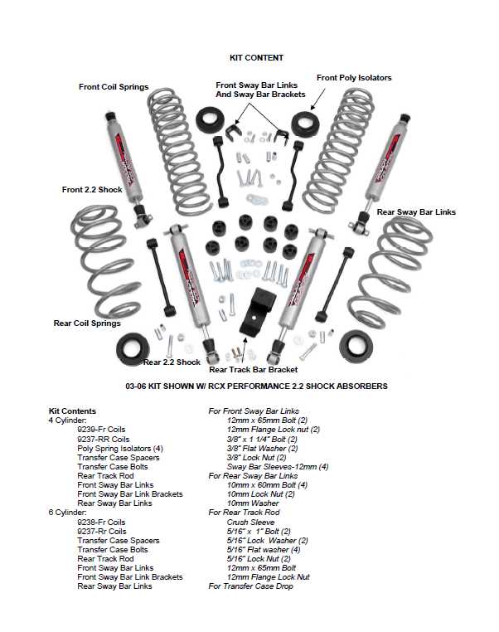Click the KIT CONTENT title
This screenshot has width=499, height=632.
[256, 58]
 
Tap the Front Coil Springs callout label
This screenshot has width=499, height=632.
[114, 86]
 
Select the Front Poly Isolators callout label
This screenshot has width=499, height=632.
[354, 78]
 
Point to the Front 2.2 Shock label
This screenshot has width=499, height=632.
[92, 190]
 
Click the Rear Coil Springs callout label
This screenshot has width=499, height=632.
[87, 323]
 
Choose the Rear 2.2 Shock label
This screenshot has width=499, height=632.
[172, 362]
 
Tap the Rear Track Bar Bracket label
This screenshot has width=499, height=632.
[253, 369]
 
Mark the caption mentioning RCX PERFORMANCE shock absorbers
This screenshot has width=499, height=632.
[256, 386]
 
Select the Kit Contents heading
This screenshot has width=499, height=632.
[73, 411]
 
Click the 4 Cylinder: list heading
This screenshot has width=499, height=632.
[68, 421]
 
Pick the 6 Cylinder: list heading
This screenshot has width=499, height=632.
[68, 513]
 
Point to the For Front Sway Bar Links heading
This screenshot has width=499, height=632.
[253, 411]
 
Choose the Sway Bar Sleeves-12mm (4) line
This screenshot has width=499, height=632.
[278, 466]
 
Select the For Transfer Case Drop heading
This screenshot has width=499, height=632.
[250, 586]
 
